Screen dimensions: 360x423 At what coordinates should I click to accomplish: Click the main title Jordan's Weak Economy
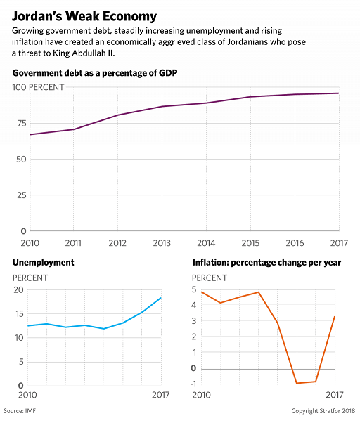tap(84, 17)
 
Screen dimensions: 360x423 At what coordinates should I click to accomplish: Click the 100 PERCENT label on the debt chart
tap(38, 87)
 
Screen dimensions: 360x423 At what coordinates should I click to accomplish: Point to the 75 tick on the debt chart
tap(22, 123)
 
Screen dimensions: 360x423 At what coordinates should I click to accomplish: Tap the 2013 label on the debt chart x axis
tap(162, 243)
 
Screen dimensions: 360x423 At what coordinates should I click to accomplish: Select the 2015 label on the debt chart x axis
tap(250, 243)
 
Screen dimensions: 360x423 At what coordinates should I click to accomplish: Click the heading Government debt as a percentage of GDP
tap(95, 73)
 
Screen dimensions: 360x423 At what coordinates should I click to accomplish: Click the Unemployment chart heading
tap(43, 263)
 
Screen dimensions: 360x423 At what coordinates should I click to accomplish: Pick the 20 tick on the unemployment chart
tap(19, 290)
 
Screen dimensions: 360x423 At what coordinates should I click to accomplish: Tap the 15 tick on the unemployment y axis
tap(20, 314)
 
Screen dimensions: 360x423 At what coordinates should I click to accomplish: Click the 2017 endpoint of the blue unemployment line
tap(161, 298)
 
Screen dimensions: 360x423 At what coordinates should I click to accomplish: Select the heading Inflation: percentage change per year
tap(266, 263)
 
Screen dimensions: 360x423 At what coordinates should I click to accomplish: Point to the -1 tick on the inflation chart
tap(194, 384)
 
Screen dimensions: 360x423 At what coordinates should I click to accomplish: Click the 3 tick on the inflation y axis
tap(194, 321)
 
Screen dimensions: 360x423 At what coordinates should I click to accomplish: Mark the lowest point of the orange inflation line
tap(297, 383)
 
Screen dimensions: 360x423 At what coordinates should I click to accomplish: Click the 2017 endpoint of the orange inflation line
tap(335, 317)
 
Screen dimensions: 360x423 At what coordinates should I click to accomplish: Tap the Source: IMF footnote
tap(20, 411)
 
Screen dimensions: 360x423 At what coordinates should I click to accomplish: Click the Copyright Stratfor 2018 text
tap(323, 411)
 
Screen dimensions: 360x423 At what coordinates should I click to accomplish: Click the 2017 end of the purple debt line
tap(339, 93)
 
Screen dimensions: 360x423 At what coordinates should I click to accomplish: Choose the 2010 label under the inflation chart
tap(201, 395)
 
